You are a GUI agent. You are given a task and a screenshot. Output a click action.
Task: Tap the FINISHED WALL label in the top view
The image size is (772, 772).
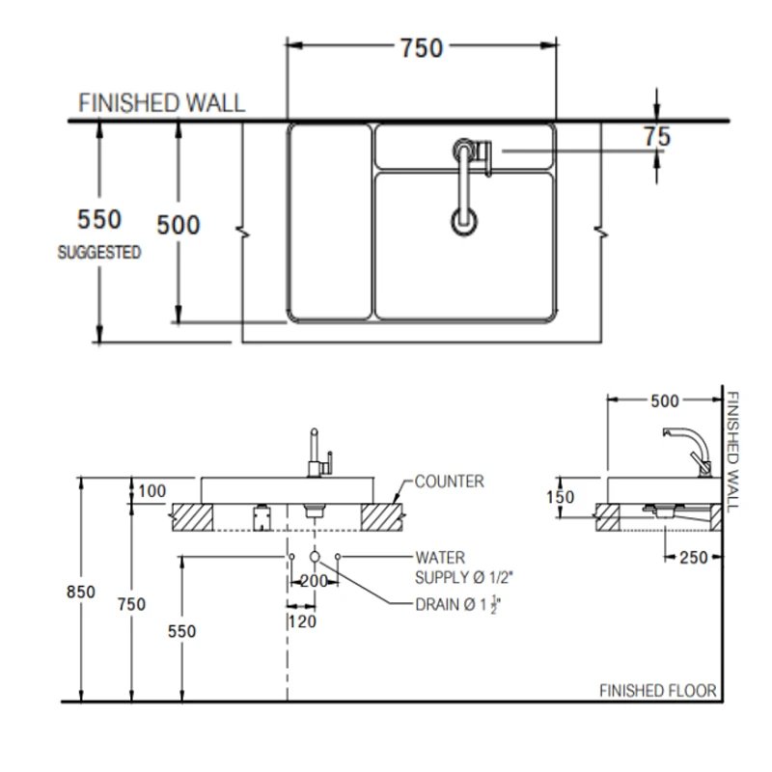161,103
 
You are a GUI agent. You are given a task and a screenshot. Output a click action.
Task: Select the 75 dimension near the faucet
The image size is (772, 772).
656,137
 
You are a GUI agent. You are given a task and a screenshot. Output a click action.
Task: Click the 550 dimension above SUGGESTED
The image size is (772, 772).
100,220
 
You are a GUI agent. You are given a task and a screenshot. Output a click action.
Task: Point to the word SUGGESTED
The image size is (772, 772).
99,253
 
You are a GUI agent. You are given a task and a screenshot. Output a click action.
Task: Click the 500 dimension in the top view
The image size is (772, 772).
179,225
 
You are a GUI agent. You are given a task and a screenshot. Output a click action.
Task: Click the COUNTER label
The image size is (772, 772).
449,482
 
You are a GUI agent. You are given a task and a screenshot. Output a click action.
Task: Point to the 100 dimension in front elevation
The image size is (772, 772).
152,491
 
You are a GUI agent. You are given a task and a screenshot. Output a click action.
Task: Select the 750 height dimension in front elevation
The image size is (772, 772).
131,604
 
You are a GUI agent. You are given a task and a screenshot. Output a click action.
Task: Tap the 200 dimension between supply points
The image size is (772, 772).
315,581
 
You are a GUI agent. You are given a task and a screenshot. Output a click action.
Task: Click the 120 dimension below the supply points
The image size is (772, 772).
302,622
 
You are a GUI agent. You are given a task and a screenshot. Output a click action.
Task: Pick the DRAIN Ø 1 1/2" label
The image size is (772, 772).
456,605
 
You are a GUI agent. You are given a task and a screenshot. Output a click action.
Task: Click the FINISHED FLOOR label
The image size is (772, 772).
657,691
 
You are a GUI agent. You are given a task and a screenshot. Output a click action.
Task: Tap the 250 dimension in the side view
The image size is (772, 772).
692,557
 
